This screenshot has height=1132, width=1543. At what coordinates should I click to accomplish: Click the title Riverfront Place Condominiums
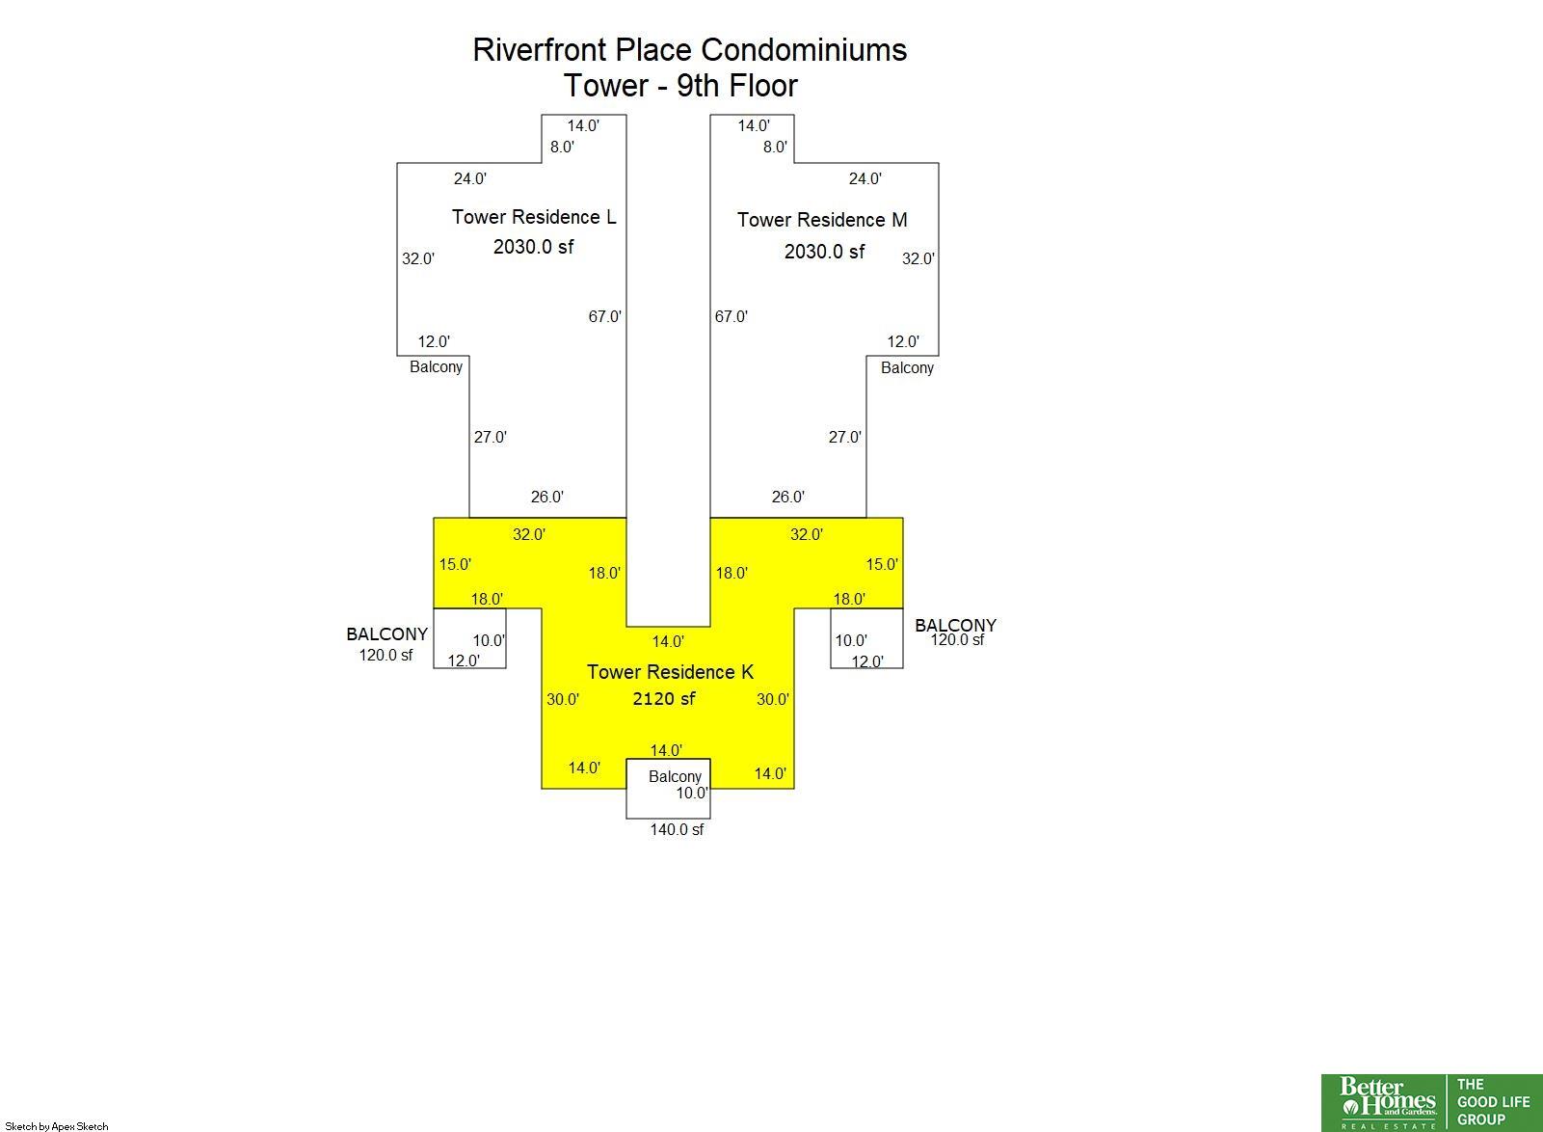pos(689,50)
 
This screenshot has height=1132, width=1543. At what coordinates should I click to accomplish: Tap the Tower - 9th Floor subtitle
pos(680,86)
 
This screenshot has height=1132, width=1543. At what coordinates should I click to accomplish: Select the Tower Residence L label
pos(534,217)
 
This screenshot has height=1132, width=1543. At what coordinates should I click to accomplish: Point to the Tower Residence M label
pos(822,220)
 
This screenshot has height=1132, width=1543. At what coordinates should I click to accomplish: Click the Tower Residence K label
pos(670,672)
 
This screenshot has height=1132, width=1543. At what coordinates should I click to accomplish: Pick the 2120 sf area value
pos(664,699)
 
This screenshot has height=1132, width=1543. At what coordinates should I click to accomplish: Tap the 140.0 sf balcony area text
pos(677,829)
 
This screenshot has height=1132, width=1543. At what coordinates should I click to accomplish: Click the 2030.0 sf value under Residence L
pos(533,247)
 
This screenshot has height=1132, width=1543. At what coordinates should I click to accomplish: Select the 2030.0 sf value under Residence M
pos(824,252)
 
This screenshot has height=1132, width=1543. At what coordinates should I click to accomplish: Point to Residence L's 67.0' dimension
pos(605,317)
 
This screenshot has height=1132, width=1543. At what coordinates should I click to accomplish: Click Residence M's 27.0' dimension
pos(844,438)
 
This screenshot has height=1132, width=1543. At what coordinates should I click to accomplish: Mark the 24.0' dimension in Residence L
pos(469,179)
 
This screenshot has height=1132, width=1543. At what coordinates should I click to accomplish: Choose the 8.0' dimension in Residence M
pos(775,148)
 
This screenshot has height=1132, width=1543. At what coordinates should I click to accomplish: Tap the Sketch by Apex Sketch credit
pos(57,1126)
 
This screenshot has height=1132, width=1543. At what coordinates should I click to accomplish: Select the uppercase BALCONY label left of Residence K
pos(387,633)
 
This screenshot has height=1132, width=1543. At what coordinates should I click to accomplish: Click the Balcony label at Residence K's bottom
pos(675,777)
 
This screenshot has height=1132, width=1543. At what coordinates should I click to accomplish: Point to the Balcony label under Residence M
pos(907,368)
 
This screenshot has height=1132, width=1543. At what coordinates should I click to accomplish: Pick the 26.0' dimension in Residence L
pos(546,497)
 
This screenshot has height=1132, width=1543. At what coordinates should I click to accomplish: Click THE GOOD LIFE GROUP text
pos(1494,1102)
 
